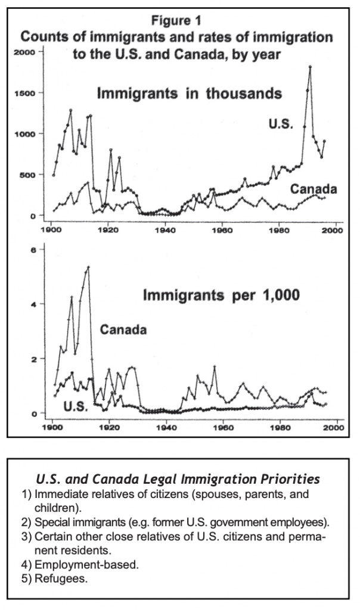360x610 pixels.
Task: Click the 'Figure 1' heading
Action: (x=176, y=20)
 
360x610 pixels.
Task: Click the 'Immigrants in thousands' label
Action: (x=189, y=94)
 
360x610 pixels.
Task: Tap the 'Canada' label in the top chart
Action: (x=314, y=189)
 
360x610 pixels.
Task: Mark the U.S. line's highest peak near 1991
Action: (x=310, y=67)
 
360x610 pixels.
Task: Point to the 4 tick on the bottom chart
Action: (x=33, y=304)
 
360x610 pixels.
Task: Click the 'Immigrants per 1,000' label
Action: (x=222, y=295)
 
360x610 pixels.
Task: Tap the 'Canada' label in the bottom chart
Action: (x=123, y=330)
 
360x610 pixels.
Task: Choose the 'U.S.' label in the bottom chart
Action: (x=76, y=407)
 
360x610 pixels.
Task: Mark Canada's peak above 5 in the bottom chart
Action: (x=88, y=267)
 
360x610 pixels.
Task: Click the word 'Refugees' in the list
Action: (x=60, y=578)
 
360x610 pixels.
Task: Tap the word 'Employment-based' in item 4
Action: (x=86, y=565)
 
